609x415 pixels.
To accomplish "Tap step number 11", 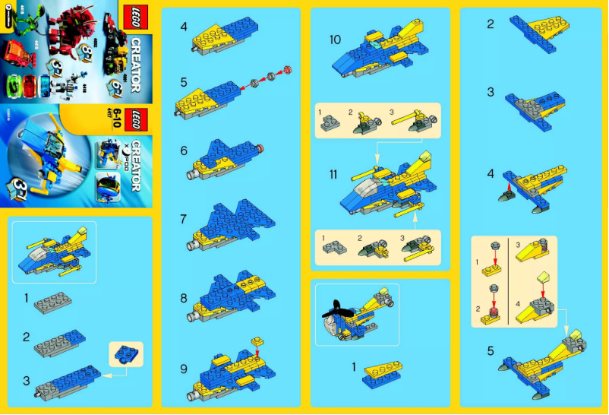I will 334,174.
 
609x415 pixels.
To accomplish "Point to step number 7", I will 184,218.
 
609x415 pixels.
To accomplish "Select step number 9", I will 184,368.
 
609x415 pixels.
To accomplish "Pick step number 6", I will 184,150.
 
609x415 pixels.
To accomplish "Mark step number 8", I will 184,298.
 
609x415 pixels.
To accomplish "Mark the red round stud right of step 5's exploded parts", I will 288,71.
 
